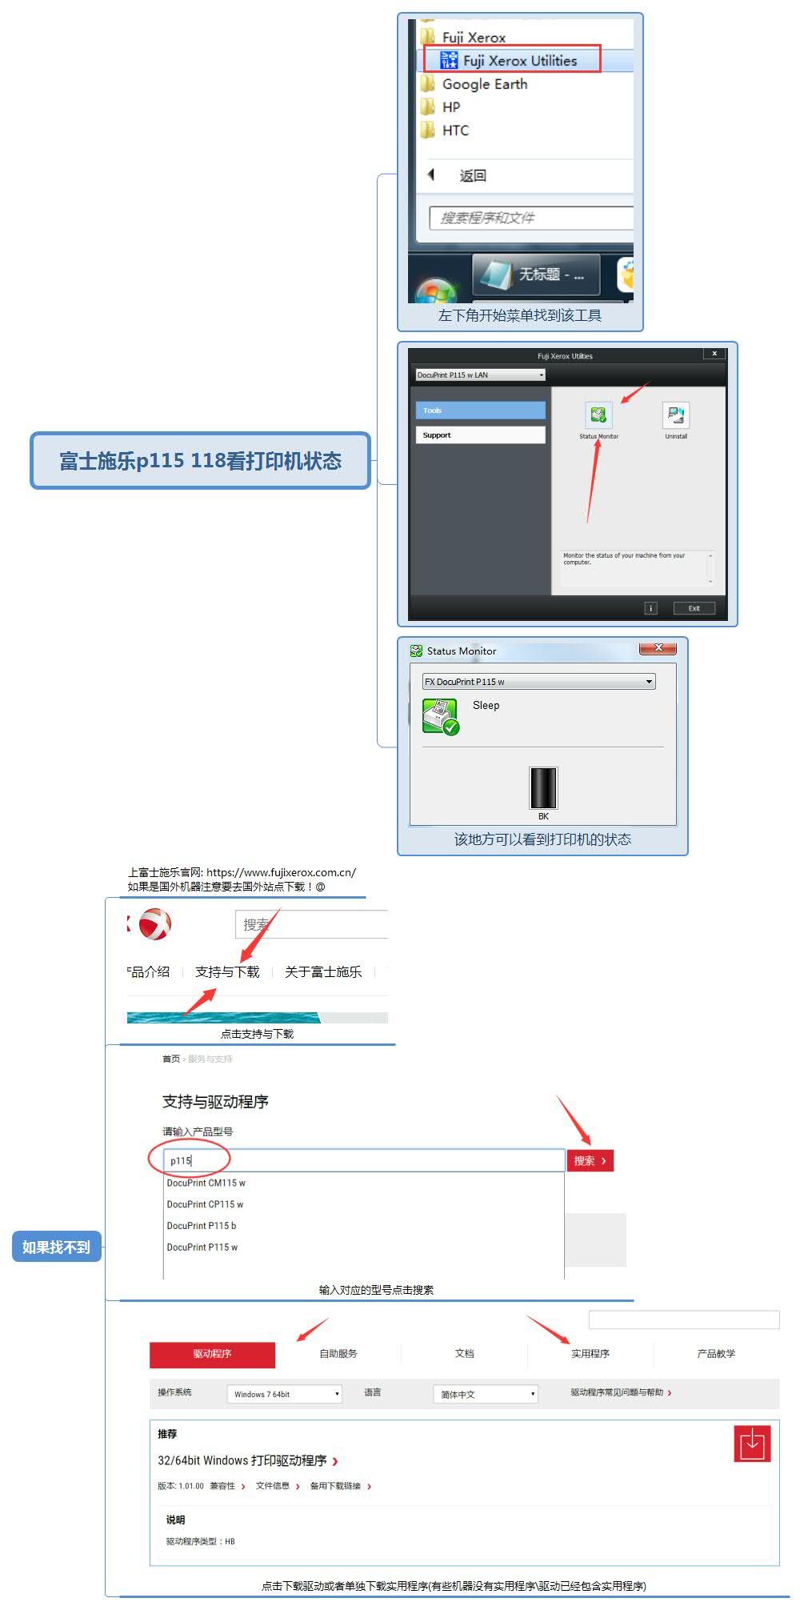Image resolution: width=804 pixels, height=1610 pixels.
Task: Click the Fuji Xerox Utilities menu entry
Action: pyautogui.click(x=519, y=60)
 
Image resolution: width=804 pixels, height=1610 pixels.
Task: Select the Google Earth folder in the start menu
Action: pyautogui.click(x=484, y=84)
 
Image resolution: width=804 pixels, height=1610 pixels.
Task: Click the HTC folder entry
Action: pyautogui.click(x=455, y=130)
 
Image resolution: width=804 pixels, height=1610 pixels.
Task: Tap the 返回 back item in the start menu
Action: pyautogui.click(x=472, y=175)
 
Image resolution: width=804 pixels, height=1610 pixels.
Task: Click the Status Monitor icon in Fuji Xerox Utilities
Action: pyautogui.click(x=598, y=415)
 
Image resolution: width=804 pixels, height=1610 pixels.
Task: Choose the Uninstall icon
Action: pyautogui.click(x=675, y=415)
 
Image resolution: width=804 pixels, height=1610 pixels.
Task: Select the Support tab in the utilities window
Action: pyautogui.click(x=480, y=435)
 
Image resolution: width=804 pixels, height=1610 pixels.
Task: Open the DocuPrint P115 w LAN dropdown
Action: pyautogui.click(x=480, y=374)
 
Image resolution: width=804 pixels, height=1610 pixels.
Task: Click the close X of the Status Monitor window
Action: pyautogui.click(x=658, y=648)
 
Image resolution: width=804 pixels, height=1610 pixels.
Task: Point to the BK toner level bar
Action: pyautogui.click(x=543, y=788)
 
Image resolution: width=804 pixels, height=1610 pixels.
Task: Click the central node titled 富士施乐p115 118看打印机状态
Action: pyautogui.click(x=200, y=461)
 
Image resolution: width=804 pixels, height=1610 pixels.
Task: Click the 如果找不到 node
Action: pyautogui.click(x=56, y=1246)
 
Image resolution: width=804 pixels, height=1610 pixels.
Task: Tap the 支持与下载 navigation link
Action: pyautogui.click(x=227, y=971)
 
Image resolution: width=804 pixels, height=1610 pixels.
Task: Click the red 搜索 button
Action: pyautogui.click(x=590, y=1160)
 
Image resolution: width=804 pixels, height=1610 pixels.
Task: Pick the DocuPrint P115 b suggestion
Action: pyautogui.click(x=202, y=1225)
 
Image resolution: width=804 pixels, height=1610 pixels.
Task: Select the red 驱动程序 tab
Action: pyautogui.click(x=212, y=1353)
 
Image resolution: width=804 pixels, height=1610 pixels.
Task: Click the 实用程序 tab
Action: pyautogui.click(x=590, y=1353)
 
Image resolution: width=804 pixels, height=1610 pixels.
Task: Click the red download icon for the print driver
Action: pyautogui.click(x=752, y=1444)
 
